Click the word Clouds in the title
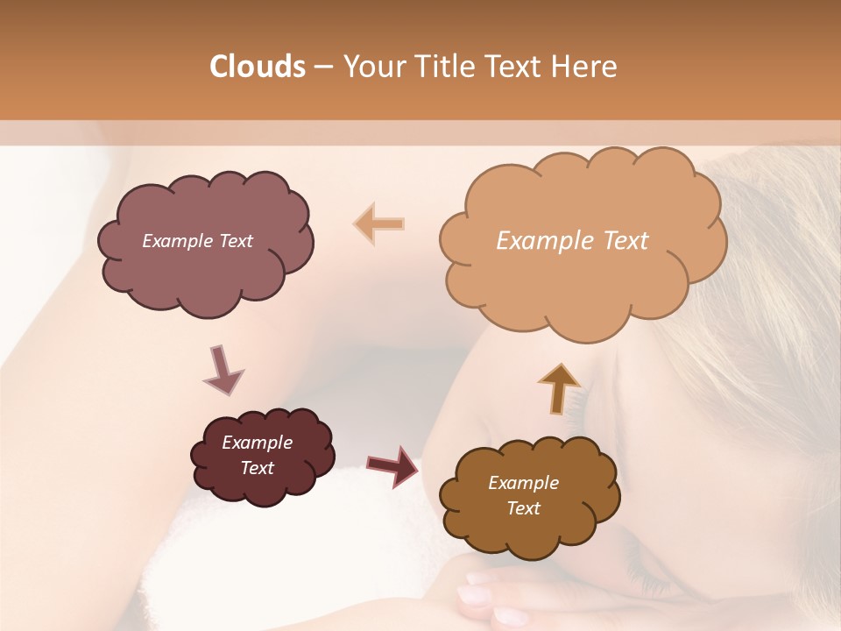pos(257,67)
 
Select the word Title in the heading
pos(442,67)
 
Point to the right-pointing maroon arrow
pos(392,465)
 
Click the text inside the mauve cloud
pos(197,241)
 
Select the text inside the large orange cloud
pos(572,241)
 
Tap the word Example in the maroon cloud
pos(257,443)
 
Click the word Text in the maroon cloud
pos(257,468)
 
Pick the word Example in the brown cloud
pos(523,483)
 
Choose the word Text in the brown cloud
pos(523,508)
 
